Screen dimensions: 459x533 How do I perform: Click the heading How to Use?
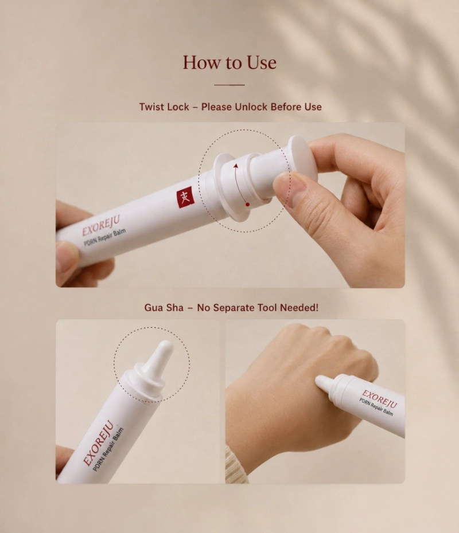229,62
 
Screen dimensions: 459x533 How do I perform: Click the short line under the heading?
229,85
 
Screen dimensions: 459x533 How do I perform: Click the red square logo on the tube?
185,198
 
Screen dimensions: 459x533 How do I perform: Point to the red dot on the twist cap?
247,204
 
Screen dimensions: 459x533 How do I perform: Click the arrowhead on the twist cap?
235,166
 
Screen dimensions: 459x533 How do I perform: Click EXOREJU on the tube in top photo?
101,226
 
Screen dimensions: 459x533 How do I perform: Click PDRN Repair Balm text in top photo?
105,237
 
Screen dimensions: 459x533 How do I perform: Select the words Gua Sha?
164,308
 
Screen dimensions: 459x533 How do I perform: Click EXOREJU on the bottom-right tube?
379,399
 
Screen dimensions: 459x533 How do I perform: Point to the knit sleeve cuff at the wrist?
237,466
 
